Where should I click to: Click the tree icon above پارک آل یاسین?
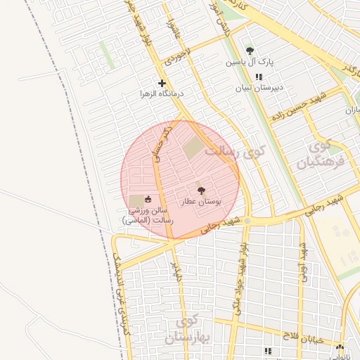pos(250,51)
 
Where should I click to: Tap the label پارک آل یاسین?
pos(250,63)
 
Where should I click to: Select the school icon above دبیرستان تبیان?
pos(259,77)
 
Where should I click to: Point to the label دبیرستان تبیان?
pos(259,88)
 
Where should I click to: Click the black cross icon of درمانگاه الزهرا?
pos(162,83)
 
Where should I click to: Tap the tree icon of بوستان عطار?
pos(201,191)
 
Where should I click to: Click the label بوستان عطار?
pos(201,202)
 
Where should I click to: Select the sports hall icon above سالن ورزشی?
pos(148,200)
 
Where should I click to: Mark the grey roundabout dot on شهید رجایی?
pos(247,221)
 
